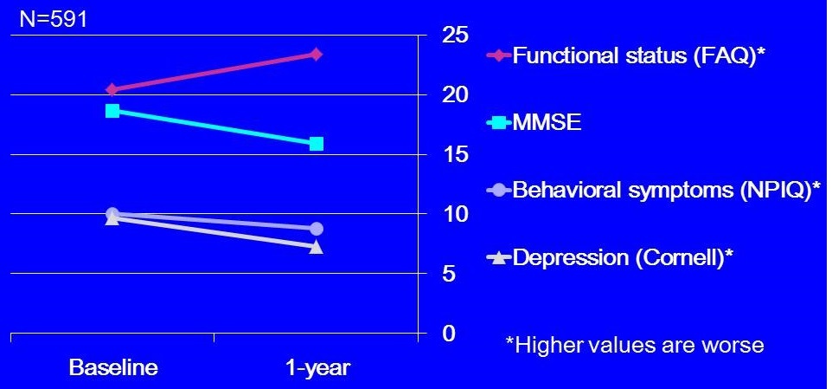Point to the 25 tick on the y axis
(455, 36)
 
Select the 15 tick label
(455, 155)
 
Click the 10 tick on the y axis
(455, 215)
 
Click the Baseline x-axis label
(113, 368)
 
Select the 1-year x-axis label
(317, 368)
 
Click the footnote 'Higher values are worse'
(634, 346)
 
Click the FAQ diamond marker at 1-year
(316, 55)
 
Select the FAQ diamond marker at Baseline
(112, 89)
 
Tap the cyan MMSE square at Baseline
(112, 111)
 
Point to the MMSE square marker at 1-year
(316, 144)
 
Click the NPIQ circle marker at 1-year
(316, 229)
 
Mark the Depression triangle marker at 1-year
(316, 247)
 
